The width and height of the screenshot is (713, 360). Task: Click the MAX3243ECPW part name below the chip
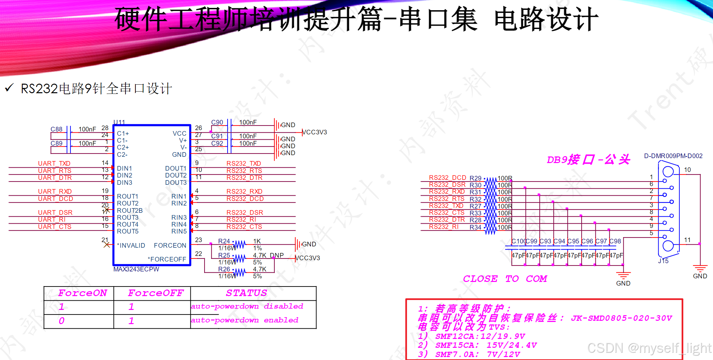pyautogui.click(x=136, y=269)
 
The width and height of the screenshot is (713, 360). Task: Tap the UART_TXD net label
pyautogui.click(x=54, y=163)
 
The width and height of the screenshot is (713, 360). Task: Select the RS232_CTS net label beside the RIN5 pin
pyautogui.click(x=244, y=227)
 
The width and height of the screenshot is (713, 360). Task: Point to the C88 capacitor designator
pyautogui.click(x=56, y=129)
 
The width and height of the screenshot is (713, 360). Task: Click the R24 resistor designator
pyautogui.click(x=224, y=241)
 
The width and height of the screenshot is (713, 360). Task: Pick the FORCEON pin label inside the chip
pyautogui.click(x=170, y=245)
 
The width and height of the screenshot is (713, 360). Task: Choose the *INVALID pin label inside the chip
pyautogui.click(x=131, y=245)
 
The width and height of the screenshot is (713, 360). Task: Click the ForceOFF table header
pyautogui.click(x=155, y=293)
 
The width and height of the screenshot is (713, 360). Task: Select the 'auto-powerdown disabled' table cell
pyautogui.click(x=247, y=306)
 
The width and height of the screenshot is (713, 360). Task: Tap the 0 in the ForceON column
pyautogui.click(x=62, y=321)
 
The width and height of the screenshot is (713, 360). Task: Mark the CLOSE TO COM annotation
pyautogui.click(x=505, y=279)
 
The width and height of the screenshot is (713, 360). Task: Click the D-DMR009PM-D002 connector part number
pyautogui.click(x=673, y=156)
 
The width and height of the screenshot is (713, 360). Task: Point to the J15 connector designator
pyautogui.click(x=663, y=261)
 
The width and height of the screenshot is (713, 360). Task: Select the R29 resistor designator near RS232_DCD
pyautogui.click(x=475, y=178)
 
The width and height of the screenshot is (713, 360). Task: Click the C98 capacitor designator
pyautogui.click(x=615, y=241)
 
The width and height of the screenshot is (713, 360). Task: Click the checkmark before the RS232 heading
pyautogui.click(x=9, y=88)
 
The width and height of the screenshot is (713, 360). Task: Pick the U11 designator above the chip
pyautogui.click(x=119, y=122)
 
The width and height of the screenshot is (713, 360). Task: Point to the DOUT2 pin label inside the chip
pyautogui.click(x=176, y=175)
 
